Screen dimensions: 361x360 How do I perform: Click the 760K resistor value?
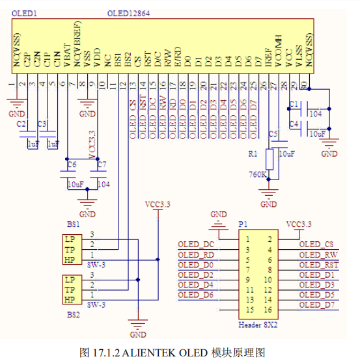(258, 174)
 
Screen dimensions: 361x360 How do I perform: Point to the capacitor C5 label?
(273, 133)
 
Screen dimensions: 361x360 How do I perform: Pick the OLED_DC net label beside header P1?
(196, 244)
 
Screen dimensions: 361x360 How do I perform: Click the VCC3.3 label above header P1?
(299, 224)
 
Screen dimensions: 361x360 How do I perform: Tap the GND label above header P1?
(219, 214)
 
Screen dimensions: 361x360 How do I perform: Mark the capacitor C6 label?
(72, 163)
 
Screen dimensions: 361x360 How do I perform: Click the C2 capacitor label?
(21, 123)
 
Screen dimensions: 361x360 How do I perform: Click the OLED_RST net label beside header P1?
(317, 265)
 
